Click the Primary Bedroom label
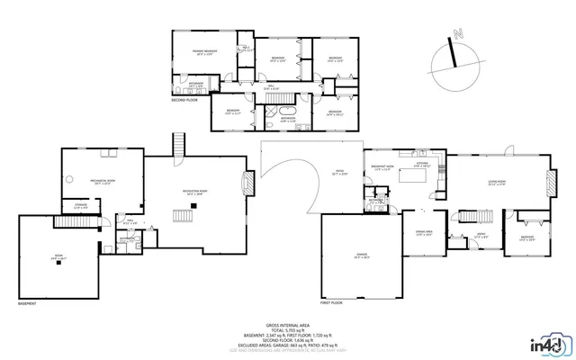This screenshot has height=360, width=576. click(203, 52)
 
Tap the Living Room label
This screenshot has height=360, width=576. click(498, 184)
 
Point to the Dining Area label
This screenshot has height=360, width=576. click(423, 231)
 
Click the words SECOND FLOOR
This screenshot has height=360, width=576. click(184, 100)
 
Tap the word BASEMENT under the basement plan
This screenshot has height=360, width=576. click(28, 303)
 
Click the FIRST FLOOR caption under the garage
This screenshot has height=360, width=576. click(331, 303)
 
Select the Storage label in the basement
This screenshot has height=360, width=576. click(81, 206)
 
